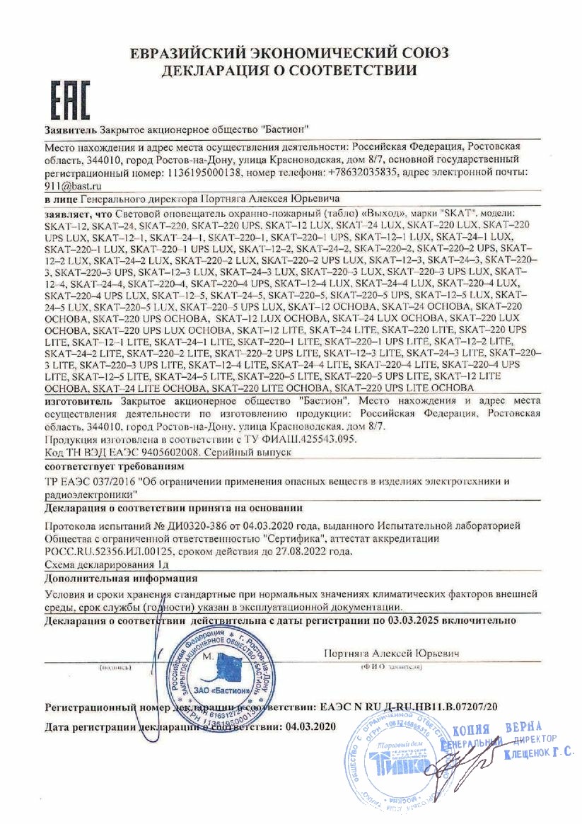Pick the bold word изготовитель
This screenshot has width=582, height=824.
point(79,400)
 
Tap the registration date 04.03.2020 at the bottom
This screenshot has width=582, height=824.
point(308,726)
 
